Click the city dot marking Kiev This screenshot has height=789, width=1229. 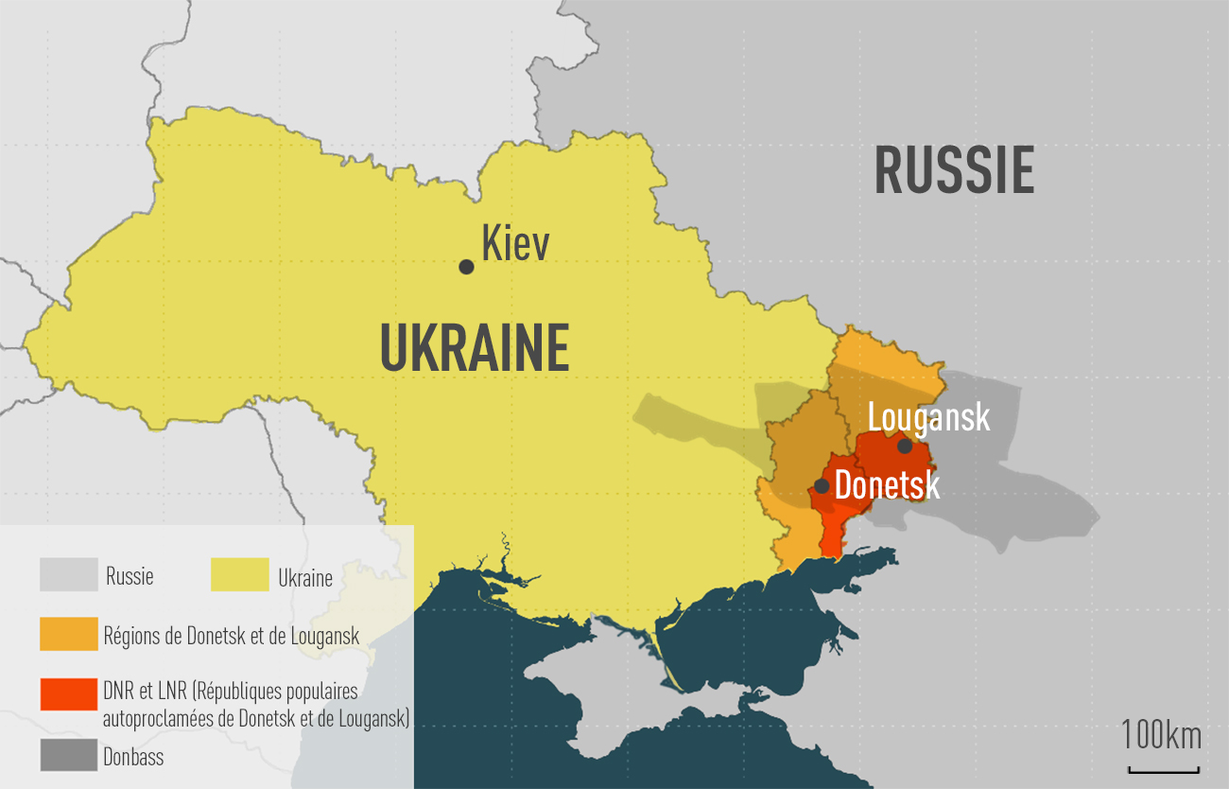[466, 267]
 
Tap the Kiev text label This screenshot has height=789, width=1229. [515, 244]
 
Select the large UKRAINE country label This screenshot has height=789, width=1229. [475, 348]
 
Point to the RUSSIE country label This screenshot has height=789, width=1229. [953, 170]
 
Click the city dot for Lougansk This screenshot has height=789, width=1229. [905, 446]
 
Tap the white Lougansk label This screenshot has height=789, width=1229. [928, 417]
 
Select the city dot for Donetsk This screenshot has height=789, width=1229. [822, 486]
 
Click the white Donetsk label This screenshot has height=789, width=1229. [887, 486]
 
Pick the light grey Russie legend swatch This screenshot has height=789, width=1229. [69, 574]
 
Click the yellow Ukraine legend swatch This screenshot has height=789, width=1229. [239, 574]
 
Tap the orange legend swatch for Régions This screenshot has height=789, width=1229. [69, 634]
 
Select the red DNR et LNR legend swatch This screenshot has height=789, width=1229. [69, 693]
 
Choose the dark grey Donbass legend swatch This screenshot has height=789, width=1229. [69, 755]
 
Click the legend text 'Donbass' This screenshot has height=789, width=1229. [133, 757]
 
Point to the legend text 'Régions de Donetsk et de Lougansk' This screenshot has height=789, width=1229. [232, 636]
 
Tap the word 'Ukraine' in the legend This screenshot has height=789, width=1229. [304, 577]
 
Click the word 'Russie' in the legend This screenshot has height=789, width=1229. [130, 576]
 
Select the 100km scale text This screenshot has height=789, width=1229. [1162, 735]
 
